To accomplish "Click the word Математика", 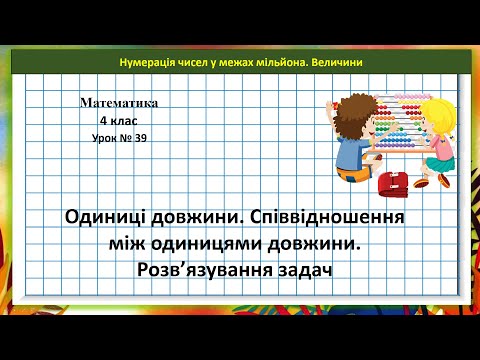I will [122, 102].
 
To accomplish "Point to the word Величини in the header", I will [337, 62].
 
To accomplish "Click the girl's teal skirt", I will [439, 161].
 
